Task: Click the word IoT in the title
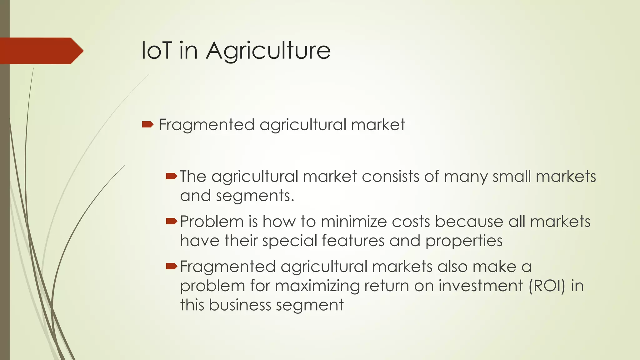pyautogui.click(x=156, y=50)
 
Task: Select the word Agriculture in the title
pyautogui.click(x=268, y=51)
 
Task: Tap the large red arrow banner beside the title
pyautogui.click(x=41, y=51)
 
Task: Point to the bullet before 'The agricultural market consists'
pyautogui.click(x=172, y=177)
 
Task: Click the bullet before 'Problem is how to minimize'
pyautogui.click(x=172, y=222)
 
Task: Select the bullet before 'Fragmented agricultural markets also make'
pyautogui.click(x=172, y=267)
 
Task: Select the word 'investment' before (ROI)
pyautogui.click(x=481, y=286)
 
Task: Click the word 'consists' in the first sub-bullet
pyautogui.click(x=390, y=177)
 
